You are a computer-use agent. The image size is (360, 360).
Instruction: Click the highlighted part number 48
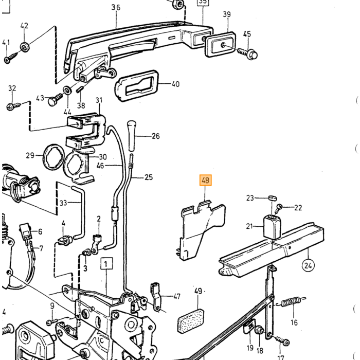click(206, 180)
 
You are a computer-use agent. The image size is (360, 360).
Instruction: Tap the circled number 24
click(308, 266)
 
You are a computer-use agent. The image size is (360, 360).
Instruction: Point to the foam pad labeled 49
click(191, 321)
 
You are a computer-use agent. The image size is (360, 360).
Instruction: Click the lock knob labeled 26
click(131, 135)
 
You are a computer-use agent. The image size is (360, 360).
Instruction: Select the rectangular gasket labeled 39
click(221, 45)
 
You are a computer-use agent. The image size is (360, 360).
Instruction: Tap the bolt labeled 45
click(248, 53)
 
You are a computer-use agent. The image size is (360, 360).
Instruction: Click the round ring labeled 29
click(52, 157)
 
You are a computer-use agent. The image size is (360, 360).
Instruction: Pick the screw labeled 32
click(14, 106)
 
